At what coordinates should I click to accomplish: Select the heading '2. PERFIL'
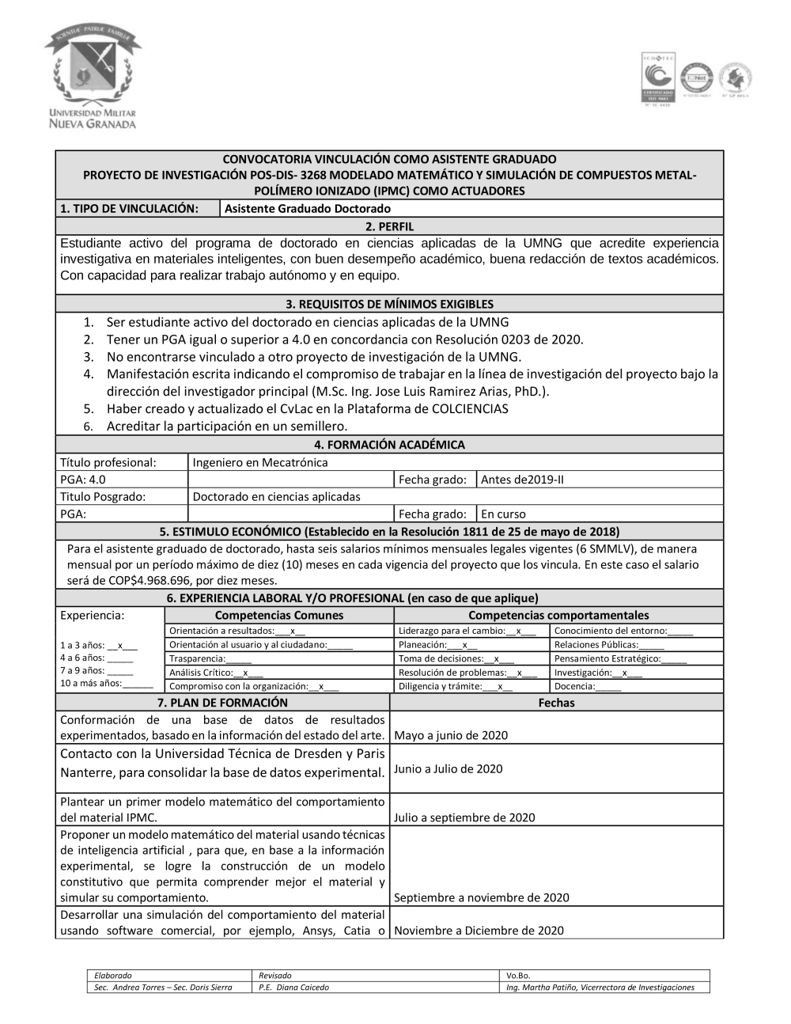click(x=389, y=226)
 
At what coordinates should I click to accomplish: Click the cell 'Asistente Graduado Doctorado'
click(x=308, y=209)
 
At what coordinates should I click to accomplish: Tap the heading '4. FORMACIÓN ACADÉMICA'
click(x=389, y=445)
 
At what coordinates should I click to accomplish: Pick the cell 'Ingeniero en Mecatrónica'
click(x=260, y=462)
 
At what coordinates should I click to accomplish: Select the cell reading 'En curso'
click(x=503, y=514)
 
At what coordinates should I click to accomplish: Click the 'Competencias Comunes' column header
click(x=279, y=615)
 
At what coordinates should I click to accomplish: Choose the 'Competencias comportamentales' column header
click(x=558, y=615)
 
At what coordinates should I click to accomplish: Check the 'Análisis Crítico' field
click(x=216, y=673)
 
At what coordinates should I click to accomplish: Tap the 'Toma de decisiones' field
click(x=456, y=658)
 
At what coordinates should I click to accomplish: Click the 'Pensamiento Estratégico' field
click(x=620, y=658)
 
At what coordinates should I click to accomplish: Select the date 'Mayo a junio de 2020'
click(x=451, y=735)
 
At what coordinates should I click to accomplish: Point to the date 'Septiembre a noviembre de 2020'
click(x=481, y=897)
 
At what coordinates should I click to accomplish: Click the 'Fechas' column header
click(x=556, y=703)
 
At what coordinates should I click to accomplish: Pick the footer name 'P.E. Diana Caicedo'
click(x=293, y=988)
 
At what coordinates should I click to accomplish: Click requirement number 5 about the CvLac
click(x=307, y=409)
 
